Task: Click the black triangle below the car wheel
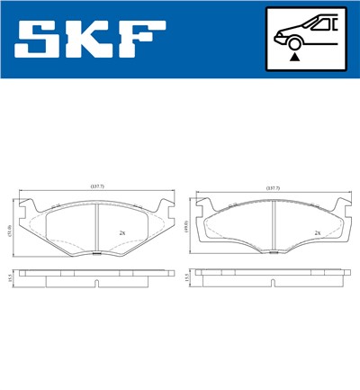click(x=294, y=56)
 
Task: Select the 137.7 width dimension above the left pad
click(x=96, y=186)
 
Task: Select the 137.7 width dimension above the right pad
click(x=273, y=186)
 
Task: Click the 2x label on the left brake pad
click(x=121, y=232)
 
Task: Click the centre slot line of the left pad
click(x=96, y=229)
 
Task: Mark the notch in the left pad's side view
click(x=96, y=284)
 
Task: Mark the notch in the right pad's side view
click(x=273, y=284)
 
